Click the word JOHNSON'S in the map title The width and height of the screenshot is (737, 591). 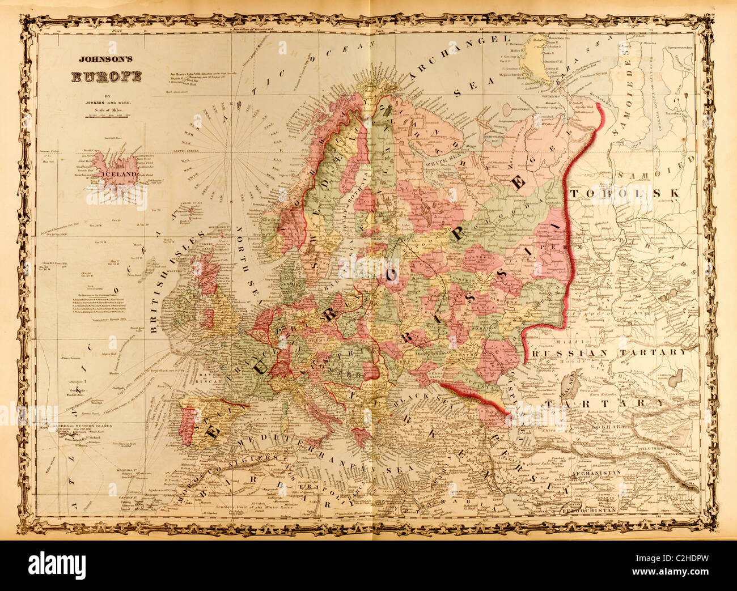(x=104, y=58)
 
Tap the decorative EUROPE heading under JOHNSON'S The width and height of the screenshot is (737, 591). (x=106, y=78)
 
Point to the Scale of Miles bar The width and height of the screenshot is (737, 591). (x=108, y=115)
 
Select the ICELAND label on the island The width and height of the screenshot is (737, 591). (x=118, y=175)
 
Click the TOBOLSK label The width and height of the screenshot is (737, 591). (x=624, y=193)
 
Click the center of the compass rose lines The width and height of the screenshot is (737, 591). (x=229, y=153)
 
